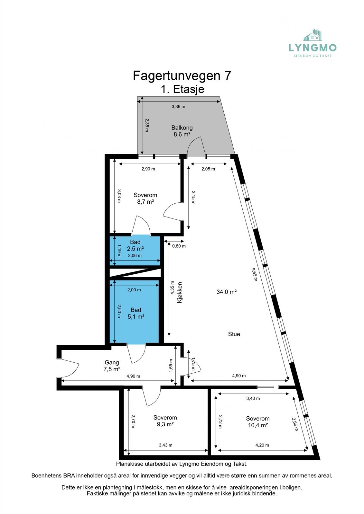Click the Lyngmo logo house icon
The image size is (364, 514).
[313, 35]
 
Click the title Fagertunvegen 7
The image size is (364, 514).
[182, 76]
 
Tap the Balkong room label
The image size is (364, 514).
[182, 128]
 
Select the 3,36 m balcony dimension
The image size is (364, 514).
[178, 107]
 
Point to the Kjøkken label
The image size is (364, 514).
[180, 292]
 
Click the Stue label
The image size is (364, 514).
[234, 334]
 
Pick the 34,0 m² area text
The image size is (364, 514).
[227, 292]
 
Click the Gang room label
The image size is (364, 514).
[112, 363]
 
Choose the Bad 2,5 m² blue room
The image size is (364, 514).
[135, 249]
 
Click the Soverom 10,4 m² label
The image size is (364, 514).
[257, 422]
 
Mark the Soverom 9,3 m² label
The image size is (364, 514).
[165, 421]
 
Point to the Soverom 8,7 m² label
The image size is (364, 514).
[145, 198]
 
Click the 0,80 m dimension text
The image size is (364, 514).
[179, 246]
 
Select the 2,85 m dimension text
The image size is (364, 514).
[295, 424]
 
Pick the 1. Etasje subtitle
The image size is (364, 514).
[182, 89]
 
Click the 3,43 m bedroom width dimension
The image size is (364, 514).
[165, 445]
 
